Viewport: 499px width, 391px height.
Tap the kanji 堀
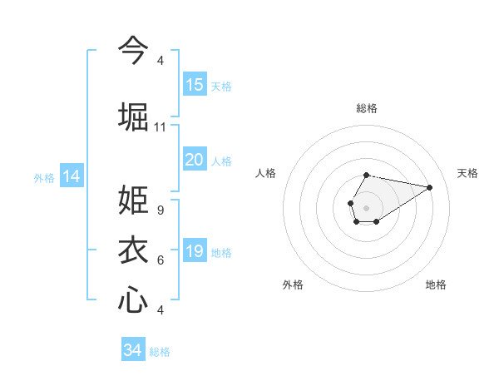[133, 116]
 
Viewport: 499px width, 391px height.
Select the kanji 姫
[133, 201]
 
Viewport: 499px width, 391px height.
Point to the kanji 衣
[133, 250]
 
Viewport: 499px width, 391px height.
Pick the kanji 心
[133, 299]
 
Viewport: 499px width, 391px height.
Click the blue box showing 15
[195, 85]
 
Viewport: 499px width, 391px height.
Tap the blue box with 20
[195, 160]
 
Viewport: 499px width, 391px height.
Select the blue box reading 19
[195, 251]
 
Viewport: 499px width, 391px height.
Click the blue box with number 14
[72, 176]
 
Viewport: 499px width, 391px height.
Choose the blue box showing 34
[133, 350]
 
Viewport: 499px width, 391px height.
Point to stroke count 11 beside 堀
[160, 127]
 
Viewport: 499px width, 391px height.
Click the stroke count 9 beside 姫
[160, 210]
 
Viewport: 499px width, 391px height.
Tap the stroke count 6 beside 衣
[160, 260]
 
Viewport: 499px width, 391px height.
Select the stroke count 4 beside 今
[160, 61]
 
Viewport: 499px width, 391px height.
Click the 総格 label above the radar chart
[367, 108]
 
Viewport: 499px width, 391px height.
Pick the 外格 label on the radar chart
[293, 285]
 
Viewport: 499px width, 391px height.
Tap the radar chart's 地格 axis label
[436, 285]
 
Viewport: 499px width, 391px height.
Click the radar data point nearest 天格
[430, 187]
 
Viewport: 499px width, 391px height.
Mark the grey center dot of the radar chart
[366, 206]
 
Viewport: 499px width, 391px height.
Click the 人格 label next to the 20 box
[221, 161]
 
